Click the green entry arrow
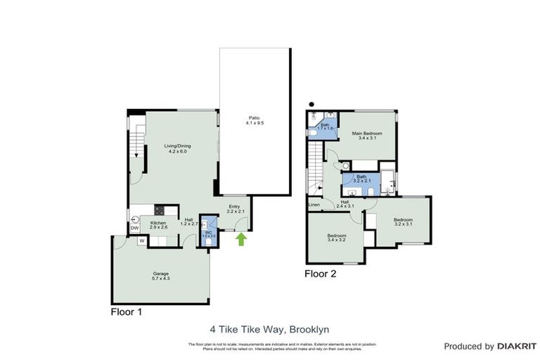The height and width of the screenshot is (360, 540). pos(241,240)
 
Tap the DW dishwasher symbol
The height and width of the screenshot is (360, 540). pos(134,228)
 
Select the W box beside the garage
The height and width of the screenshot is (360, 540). pos(141,240)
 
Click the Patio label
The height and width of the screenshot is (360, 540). pos(255,120)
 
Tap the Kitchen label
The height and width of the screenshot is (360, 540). pos(158,225)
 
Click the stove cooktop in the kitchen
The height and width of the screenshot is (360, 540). pos(159,210)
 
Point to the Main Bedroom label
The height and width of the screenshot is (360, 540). pos(367,136)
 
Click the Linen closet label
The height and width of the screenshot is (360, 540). pos(314,205)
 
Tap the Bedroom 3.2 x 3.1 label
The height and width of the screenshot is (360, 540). pos(403,222)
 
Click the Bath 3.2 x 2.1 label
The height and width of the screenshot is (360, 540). pos(361,179)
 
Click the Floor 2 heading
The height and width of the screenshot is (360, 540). pos(321,274)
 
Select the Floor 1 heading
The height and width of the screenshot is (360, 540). pos(127,312)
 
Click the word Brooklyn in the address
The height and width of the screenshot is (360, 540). pos(311,328)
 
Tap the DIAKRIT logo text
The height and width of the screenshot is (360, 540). pos(517,347)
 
